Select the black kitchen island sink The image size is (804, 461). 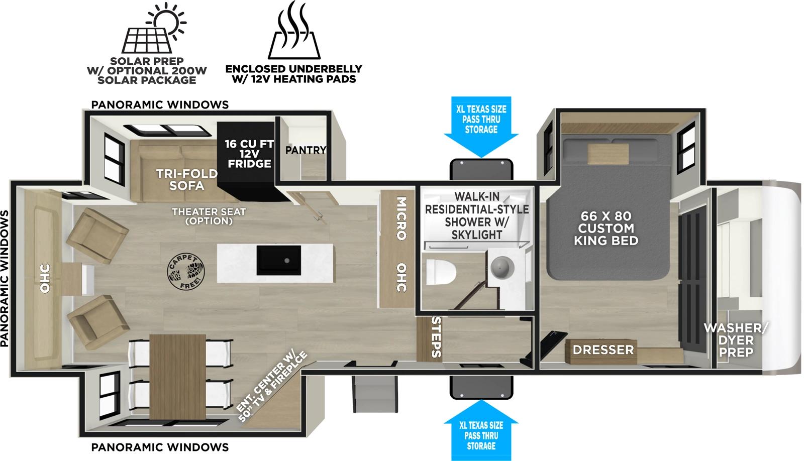point(279,260)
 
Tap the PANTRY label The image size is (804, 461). point(306,150)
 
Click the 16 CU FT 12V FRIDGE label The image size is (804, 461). point(249,154)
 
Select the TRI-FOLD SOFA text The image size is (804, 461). point(187,179)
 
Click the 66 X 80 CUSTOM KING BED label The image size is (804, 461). point(606,228)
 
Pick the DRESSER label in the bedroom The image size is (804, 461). point(603,350)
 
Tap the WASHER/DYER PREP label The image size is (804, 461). point(736,340)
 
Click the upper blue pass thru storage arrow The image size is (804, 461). point(481,126)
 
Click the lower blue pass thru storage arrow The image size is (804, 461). point(481,427)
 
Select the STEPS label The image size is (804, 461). point(436,337)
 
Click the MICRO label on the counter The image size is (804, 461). point(400,218)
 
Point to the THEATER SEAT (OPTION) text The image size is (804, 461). point(209,216)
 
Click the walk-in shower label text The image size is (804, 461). point(477,215)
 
